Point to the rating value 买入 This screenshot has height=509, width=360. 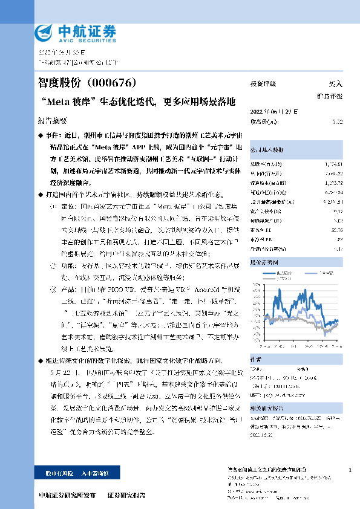tap(335, 84)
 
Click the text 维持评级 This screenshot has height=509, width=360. tap(330, 96)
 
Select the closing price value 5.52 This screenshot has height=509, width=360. tap(338, 122)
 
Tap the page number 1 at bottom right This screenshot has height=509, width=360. tap(351, 470)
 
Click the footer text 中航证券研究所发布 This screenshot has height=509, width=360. tap(67, 494)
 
